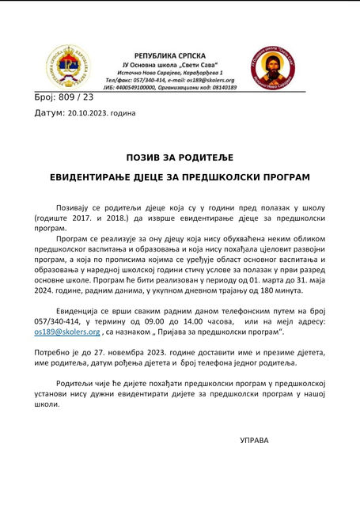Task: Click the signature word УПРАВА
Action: coord(254,440)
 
